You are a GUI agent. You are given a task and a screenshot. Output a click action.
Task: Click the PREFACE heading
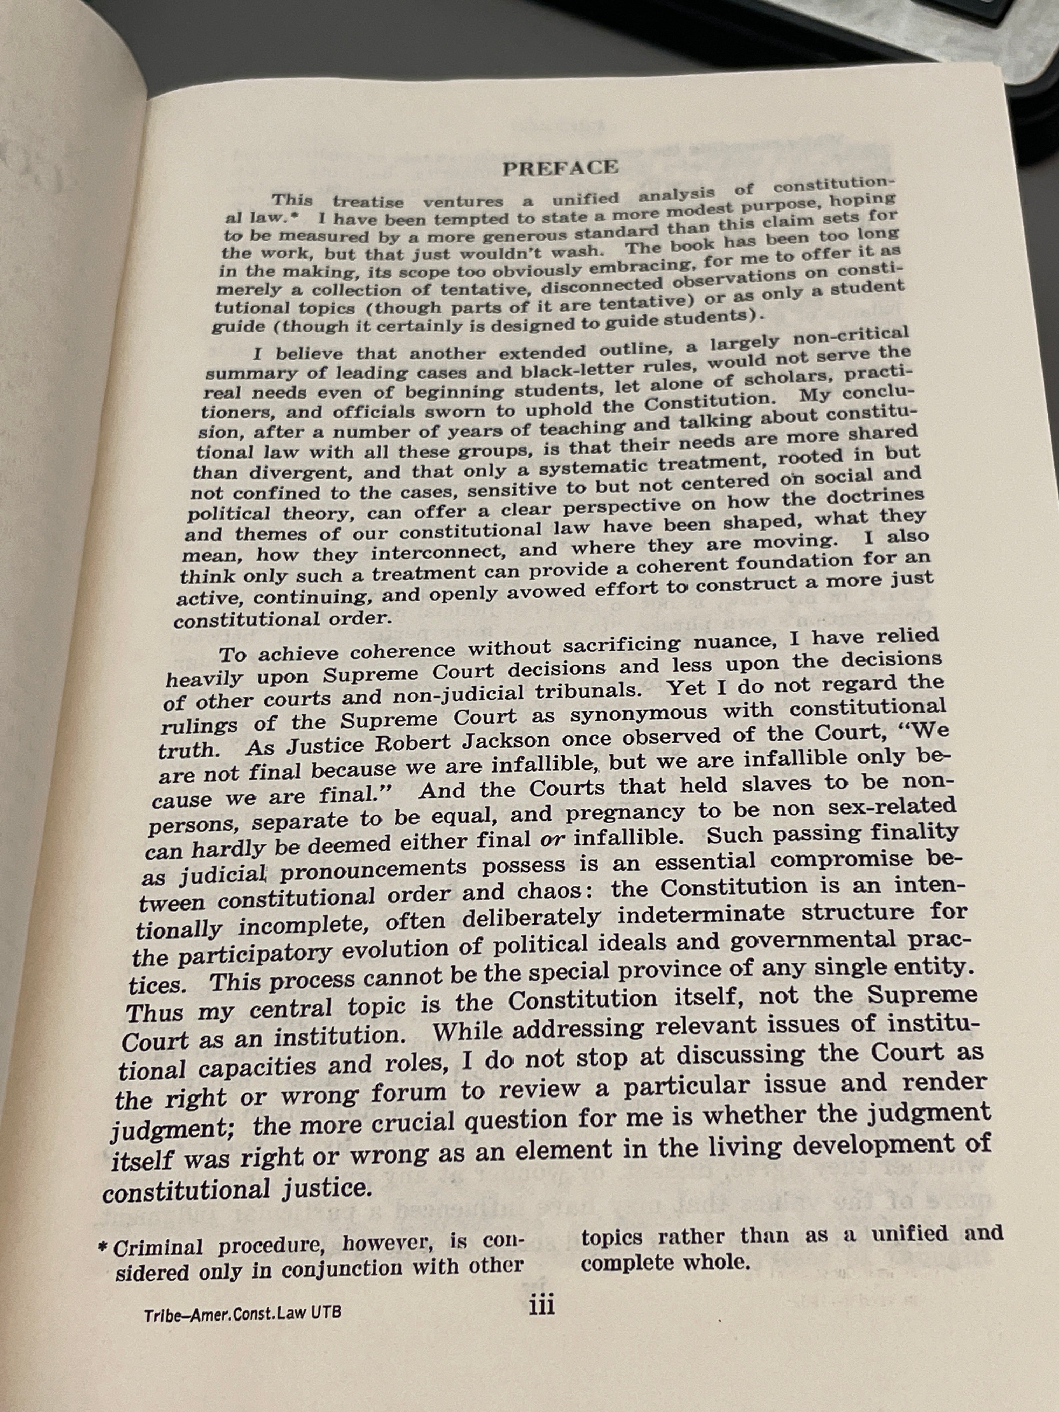[560, 168]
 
